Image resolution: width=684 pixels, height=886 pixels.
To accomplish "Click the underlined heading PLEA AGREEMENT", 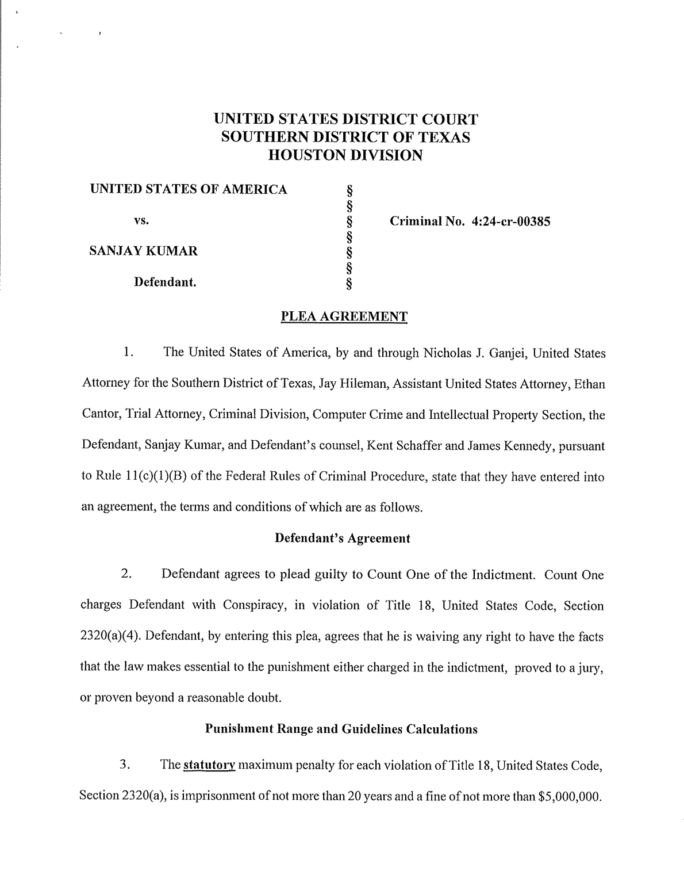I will [344, 316].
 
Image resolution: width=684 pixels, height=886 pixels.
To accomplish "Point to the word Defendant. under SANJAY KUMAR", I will [166, 282].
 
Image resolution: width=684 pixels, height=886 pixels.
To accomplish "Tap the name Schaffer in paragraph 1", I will [418, 446].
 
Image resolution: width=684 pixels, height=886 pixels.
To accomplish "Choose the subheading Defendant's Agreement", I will [343, 539].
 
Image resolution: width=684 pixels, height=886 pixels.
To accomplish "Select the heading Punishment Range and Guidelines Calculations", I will [341, 729].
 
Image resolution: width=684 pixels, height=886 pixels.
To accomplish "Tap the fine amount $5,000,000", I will [571, 796].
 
